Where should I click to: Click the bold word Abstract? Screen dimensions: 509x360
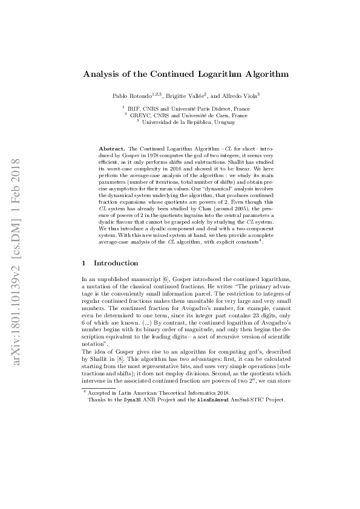click(x=111, y=148)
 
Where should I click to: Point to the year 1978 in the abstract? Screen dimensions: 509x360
click(x=149, y=154)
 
